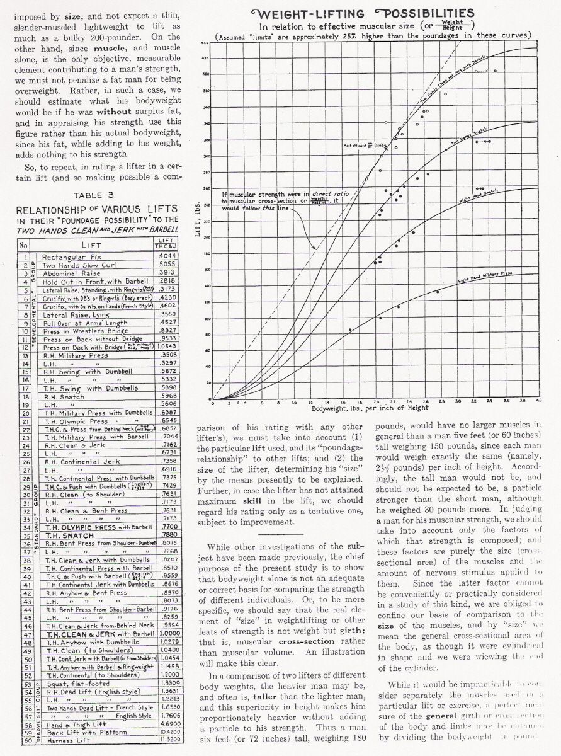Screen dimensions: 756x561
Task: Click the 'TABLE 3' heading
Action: (x=91, y=195)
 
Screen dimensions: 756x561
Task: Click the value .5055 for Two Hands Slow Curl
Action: (x=165, y=265)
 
